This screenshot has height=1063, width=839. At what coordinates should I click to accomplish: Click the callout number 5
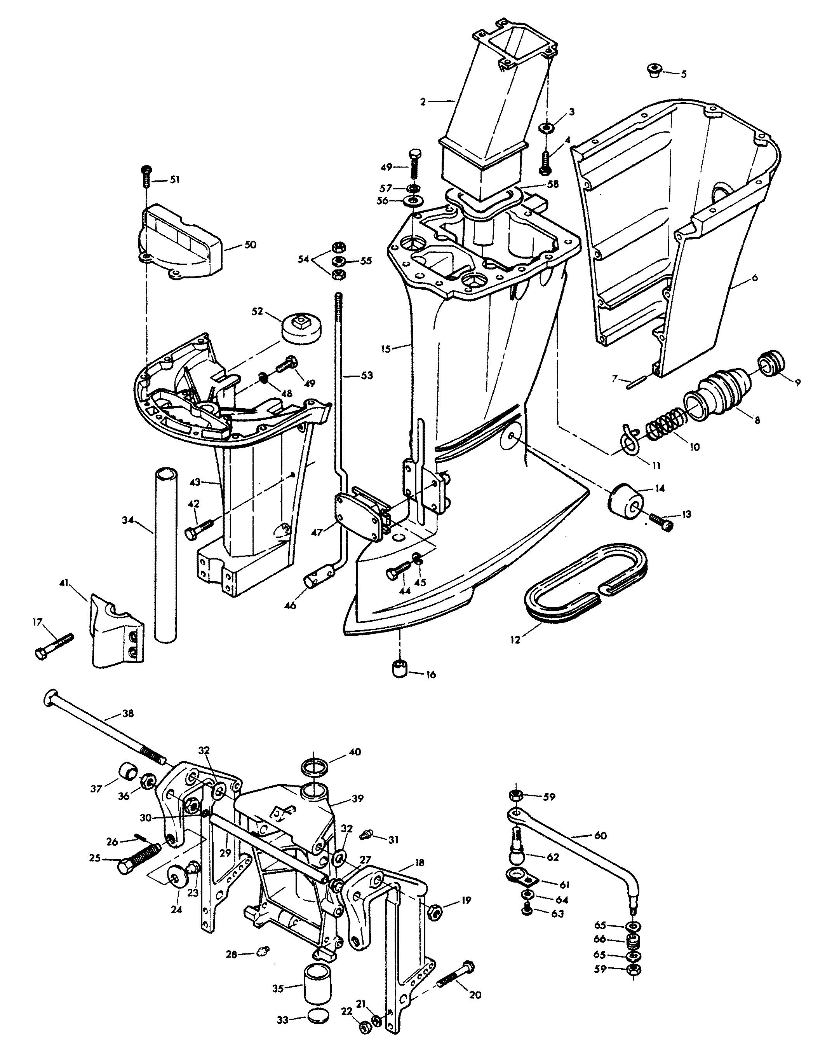point(683,74)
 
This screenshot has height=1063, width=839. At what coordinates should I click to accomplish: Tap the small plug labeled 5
point(653,70)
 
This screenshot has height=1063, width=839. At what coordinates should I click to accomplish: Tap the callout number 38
point(128,713)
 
